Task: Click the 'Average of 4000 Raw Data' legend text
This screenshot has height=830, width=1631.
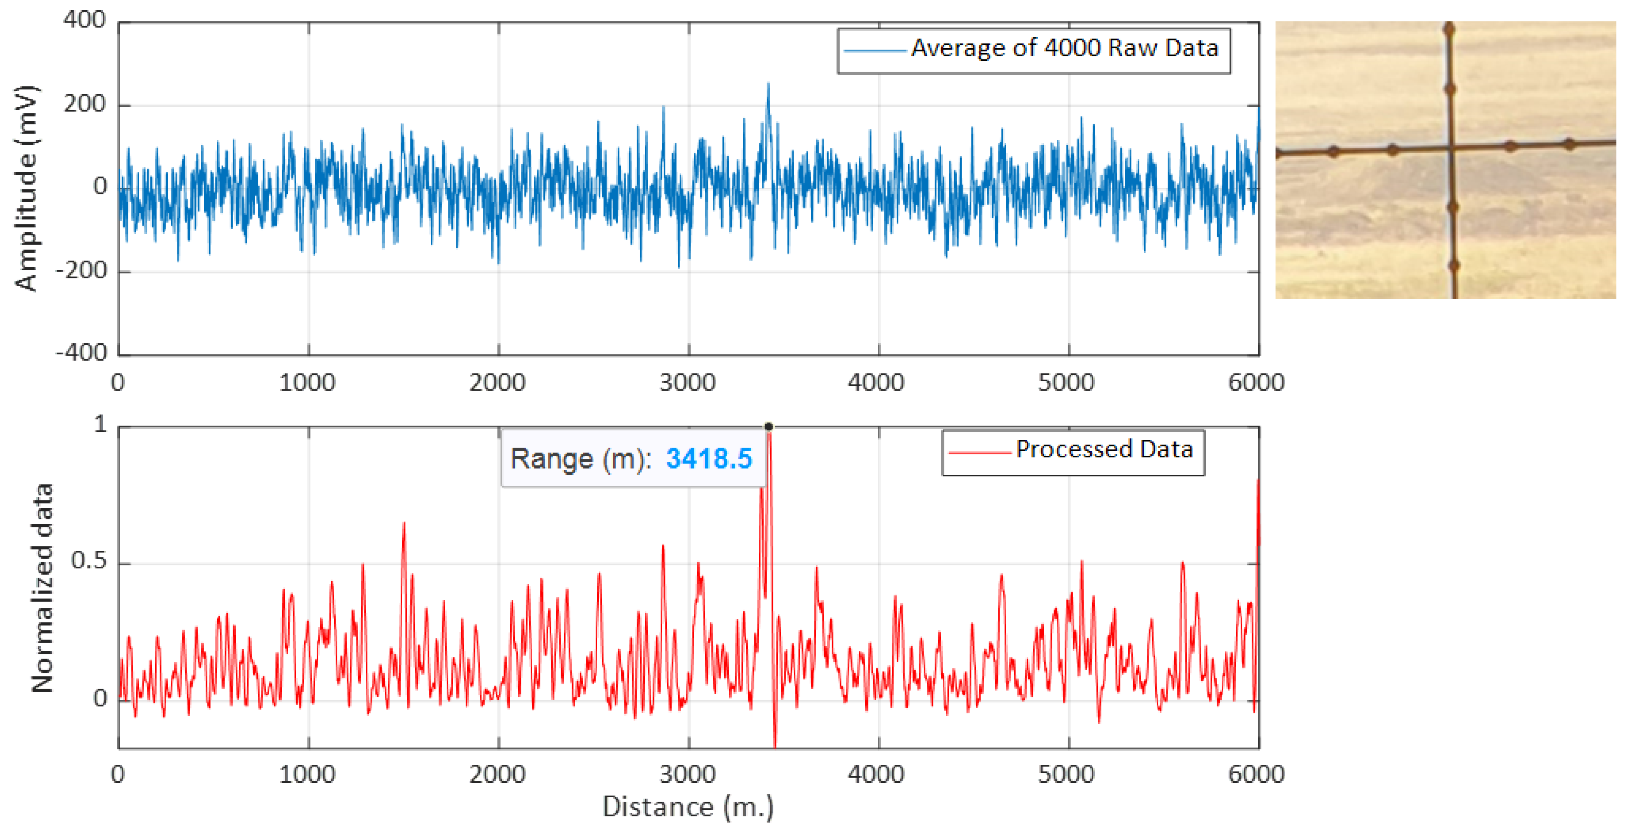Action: click(x=1065, y=49)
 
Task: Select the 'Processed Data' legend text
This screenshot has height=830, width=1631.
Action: click(x=1104, y=449)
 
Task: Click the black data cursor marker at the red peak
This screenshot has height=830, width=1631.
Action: click(x=769, y=426)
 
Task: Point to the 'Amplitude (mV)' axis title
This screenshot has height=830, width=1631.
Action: click(x=26, y=188)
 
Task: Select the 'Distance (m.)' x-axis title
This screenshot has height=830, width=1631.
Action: click(x=687, y=807)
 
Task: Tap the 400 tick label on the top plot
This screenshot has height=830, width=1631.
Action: click(x=84, y=20)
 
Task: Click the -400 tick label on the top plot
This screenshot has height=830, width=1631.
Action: click(x=81, y=352)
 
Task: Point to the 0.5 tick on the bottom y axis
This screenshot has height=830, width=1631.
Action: click(x=89, y=561)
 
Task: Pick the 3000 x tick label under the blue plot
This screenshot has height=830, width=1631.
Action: click(x=687, y=383)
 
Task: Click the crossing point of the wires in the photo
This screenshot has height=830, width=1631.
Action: click(x=1450, y=148)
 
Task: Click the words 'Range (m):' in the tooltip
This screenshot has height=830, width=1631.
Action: click(x=580, y=459)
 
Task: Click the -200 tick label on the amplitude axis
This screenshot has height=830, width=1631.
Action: click(x=81, y=271)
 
